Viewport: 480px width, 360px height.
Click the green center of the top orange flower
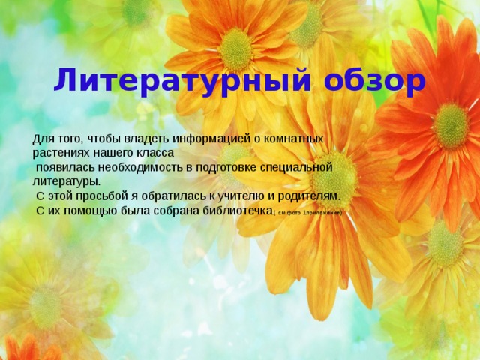[x=236, y=50]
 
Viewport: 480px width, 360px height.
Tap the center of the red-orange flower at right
[x=451, y=125]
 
